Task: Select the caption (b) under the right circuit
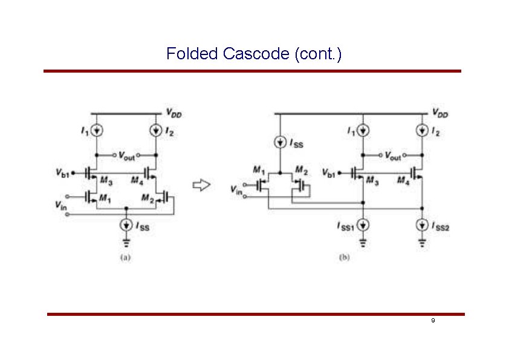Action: pyautogui.click(x=343, y=257)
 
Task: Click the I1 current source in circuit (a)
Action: pyautogui.click(x=97, y=130)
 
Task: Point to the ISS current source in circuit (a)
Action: pyautogui.click(x=126, y=225)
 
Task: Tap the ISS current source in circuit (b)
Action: pyautogui.click(x=280, y=143)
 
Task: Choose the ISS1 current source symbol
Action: pyautogui.click(x=363, y=225)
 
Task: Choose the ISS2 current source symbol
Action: pyautogui.click(x=421, y=225)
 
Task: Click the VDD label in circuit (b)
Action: pyautogui.click(x=440, y=113)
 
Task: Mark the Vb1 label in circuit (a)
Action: pyautogui.click(x=63, y=174)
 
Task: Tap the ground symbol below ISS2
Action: pyautogui.click(x=421, y=244)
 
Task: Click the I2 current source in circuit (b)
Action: pyautogui.click(x=421, y=131)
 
